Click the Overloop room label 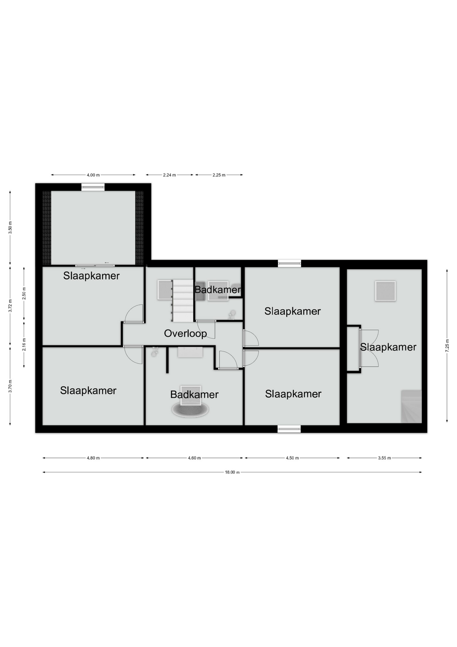click(185, 333)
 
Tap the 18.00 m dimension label click(232, 472)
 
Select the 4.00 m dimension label click(93, 175)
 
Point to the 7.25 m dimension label click(447, 345)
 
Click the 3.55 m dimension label click(384, 458)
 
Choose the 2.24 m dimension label click(169, 175)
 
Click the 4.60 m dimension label click(194, 458)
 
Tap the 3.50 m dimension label click(10, 228)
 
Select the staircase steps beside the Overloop click(183, 301)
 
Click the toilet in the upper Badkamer click(232, 315)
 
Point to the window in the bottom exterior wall click(289, 429)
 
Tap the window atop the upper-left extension click(93, 187)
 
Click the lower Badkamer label click(194, 394)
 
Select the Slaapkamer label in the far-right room click(388, 347)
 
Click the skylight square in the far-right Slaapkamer click(385, 291)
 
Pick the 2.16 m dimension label click(24, 344)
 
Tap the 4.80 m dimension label click(93, 458)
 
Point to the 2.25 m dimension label click(219, 175)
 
